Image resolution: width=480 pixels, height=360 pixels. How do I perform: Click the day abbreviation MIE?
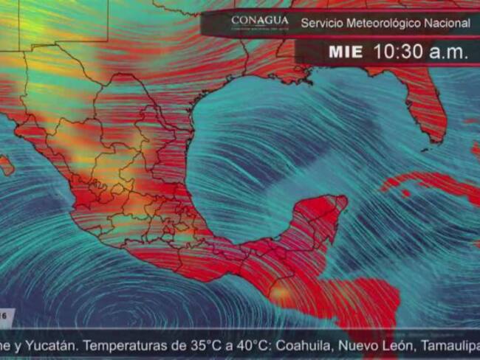click(x=346, y=52)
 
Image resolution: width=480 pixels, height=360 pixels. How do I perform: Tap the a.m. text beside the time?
click(x=448, y=52)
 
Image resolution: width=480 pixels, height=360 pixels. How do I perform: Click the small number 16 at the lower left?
click(x=6, y=315)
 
